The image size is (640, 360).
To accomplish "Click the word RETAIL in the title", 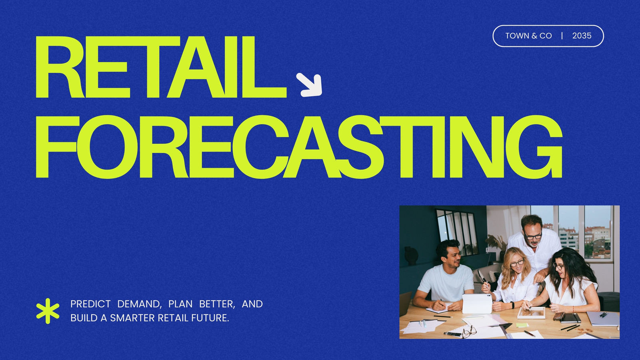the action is pyautogui.click(x=161, y=67).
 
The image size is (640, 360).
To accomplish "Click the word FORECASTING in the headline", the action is pyautogui.click(x=299, y=147).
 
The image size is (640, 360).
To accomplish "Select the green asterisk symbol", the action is pyautogui.click(x=48, y=311).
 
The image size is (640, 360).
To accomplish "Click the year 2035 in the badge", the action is pyautogui.click(x=582, y=36).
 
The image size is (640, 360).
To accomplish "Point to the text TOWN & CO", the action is pyautogui.click(x=528, y=36).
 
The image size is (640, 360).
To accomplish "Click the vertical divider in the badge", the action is pyautogui.click(x=562, y=36).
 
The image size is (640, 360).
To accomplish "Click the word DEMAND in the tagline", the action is pyautogui.click(x=140, y=304).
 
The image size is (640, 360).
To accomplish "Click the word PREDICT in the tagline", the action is pyautogui.click(x=90, y=304).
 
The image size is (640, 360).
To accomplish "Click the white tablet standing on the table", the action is pyautogui.click(x=477, y=304).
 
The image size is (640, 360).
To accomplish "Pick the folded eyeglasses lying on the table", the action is pyautogui.click(x=469, y=332).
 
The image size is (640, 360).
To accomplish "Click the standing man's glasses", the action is pyautogui.click(x=532, y=236).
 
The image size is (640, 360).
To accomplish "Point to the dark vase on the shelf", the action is pyautogui.click(x=411, y=256).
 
